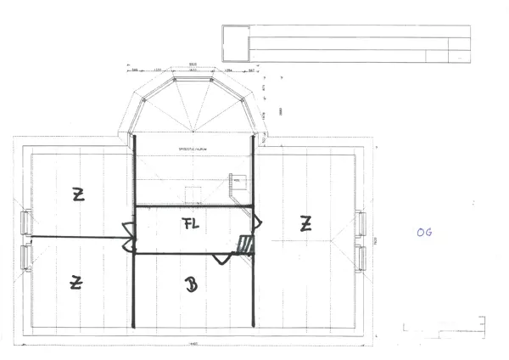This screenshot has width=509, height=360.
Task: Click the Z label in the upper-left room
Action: click(x=78, y=194)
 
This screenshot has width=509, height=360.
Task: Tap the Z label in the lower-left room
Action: click(x=76, y=282)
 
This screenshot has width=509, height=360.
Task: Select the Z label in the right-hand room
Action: click(x=305, y=224)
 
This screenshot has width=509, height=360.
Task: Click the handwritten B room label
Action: click(x=192, y=285)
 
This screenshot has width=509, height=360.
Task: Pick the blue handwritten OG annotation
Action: click(x=424, y=232)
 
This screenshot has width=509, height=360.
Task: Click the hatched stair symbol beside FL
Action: click(x=245, y=245)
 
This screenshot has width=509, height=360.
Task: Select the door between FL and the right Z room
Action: click(x=258, y=223)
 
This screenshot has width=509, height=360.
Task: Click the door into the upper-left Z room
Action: click(x=128, y=229)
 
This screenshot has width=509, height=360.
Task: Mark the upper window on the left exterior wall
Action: click(x=25, y=223)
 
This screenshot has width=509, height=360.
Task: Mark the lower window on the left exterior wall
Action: click(x=25, y=257)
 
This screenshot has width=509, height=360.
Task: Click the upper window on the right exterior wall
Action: click(x=361, y=223)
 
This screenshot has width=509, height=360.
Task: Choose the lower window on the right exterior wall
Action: click(x=361, y=256)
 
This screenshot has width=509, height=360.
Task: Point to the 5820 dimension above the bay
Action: click(x=193, y=64)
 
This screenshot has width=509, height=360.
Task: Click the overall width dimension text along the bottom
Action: click(x=193, y=343)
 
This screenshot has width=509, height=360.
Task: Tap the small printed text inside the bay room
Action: click(x=193, y=148)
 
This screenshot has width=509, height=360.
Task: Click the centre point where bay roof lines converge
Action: click(x=193, y=132)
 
